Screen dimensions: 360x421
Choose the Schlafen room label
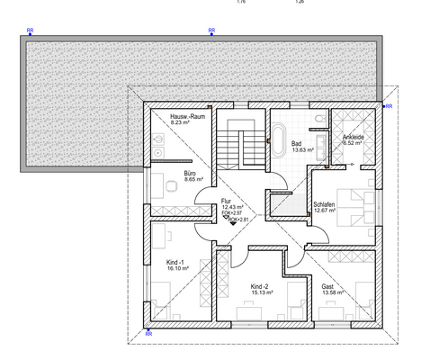click(324, 204)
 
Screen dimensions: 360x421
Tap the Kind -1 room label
click(175, 260)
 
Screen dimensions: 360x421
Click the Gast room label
click(327, 286)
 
